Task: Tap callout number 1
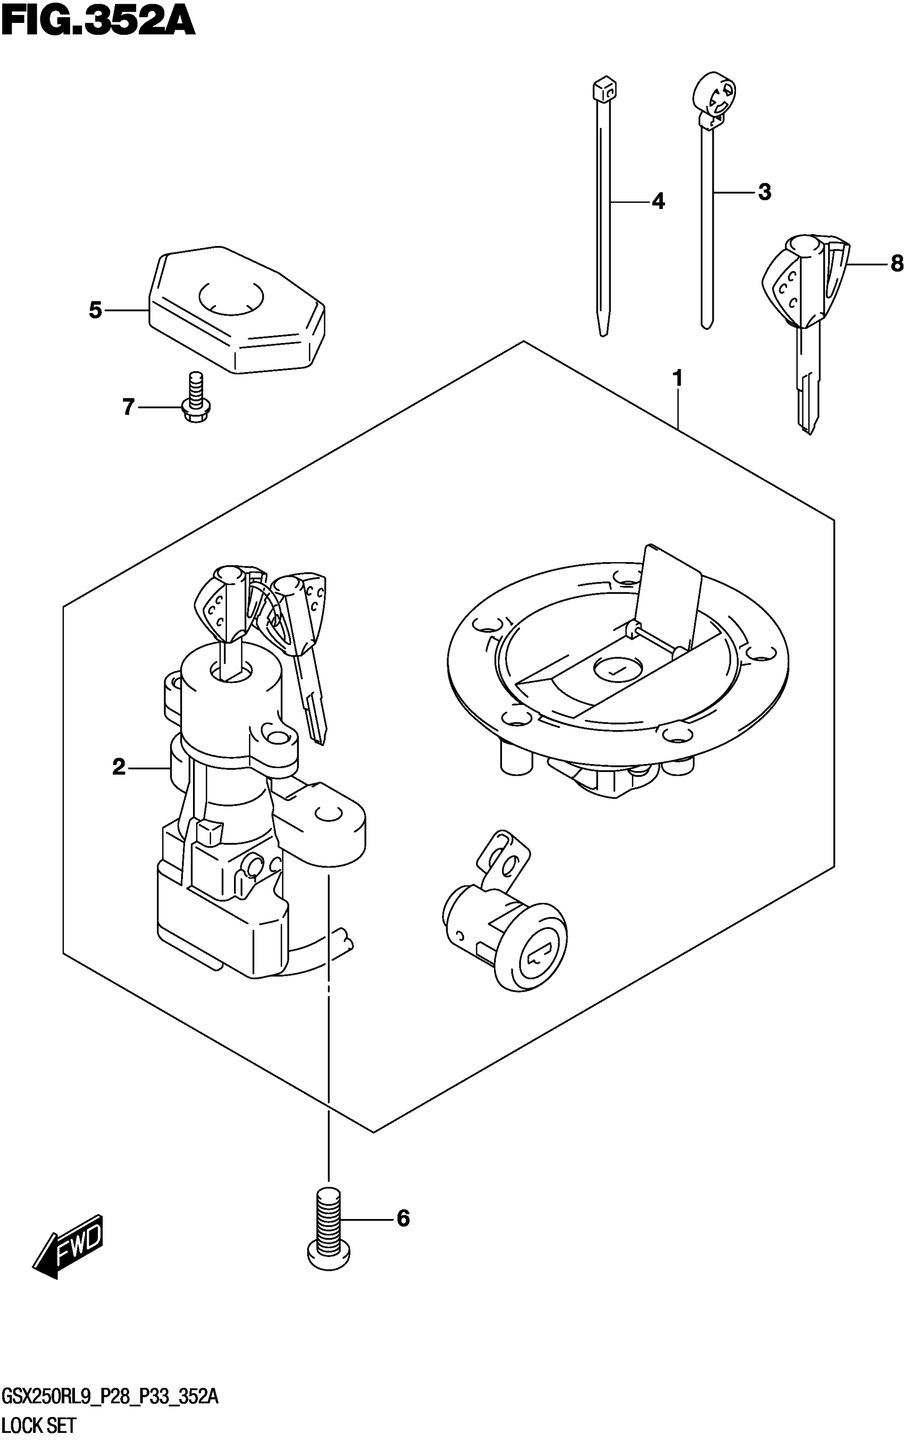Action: pyautogui.click(x=677, y=379)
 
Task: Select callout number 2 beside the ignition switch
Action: pyautogui.click(x=119, y=766)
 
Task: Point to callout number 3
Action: pyautogui.click(x=764, y=192)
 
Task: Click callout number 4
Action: pyautogui.click(x=658, y=202)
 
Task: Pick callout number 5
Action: pyautogui.click(x=96, y=310)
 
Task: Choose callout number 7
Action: pyautogui.click(x=129, y=407)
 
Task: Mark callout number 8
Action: pyautogui.click(x=895, y=263)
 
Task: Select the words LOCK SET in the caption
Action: pyautogui.click(x=39, y=1425)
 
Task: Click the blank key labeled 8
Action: pyautogui.click(x=805, y=323)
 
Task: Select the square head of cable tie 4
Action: pyautogui.click(x=605, y=89)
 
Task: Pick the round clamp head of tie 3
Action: pyautogui.click(x=713, y=96)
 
